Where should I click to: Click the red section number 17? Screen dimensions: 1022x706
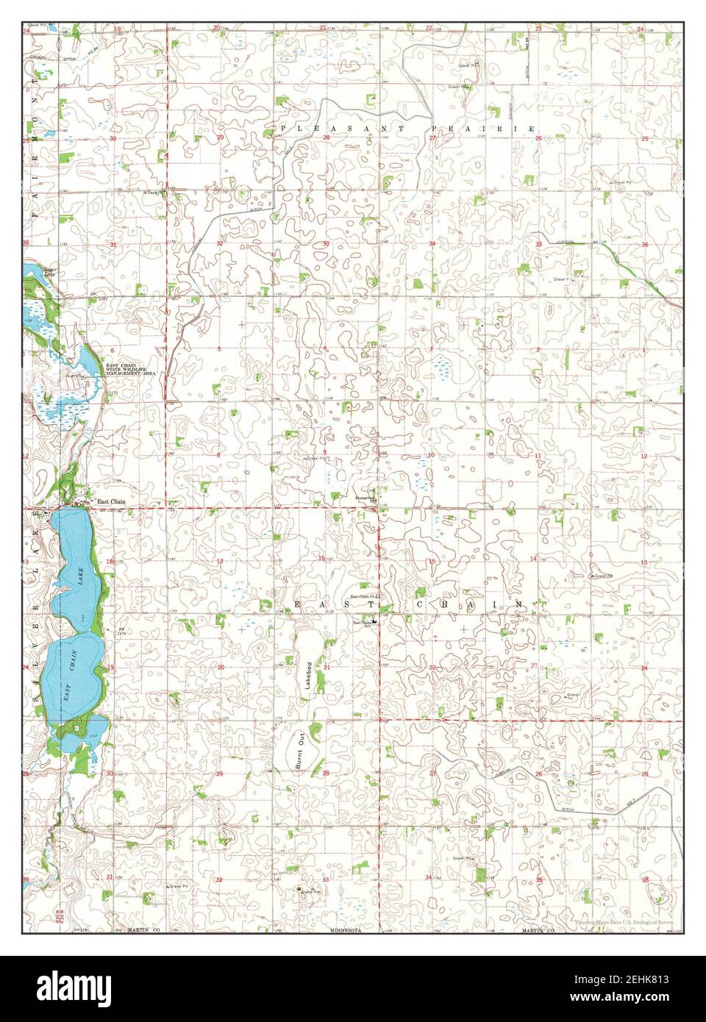coord(220,560)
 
